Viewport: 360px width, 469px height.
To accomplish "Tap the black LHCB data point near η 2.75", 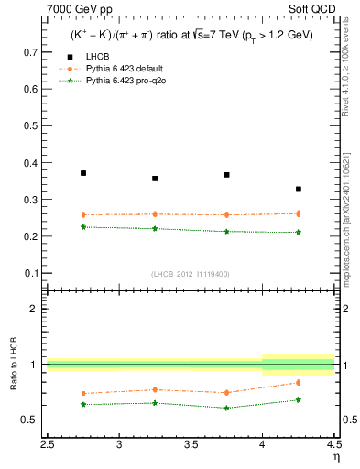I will (x=83, y=173).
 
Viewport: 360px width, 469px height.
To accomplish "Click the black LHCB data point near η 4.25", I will (x=299, y=189).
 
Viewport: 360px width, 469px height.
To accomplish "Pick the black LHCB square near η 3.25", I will (x=155, y=179).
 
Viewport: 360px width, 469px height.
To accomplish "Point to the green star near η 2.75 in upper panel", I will (x=83, y=226).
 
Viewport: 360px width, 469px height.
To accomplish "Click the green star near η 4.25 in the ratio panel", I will (x=299, y=399).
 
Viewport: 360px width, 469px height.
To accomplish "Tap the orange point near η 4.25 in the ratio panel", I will (x=299, y=382).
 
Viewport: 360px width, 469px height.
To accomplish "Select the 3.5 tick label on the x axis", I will (x=191, y=446).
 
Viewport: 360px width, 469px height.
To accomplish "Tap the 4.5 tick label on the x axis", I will (x=333, y=446).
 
